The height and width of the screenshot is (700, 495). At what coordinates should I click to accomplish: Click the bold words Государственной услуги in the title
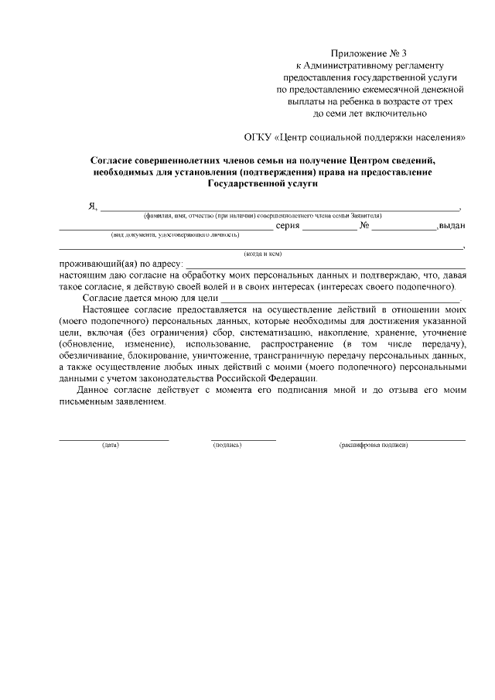[262, 185]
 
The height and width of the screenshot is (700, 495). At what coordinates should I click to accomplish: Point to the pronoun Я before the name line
[92, 206]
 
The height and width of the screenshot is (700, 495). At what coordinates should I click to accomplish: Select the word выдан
[452, 227]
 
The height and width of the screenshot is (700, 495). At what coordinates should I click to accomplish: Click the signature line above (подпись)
[243, 439]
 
